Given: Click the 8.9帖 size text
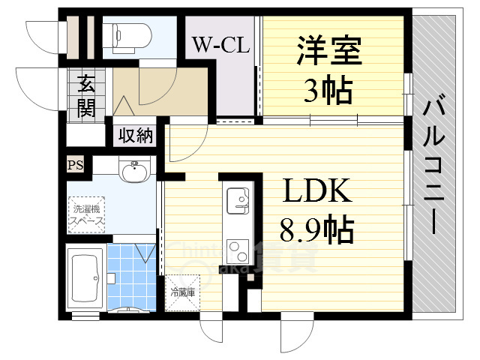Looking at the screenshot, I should point(317,229).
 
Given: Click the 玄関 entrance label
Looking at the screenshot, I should point(85,97).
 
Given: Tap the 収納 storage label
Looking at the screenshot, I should point(134,136).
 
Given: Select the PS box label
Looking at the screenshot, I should point(74,165).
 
